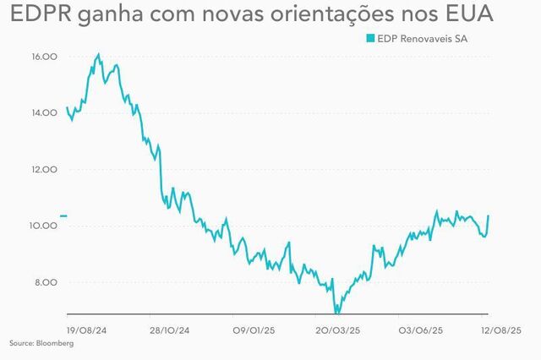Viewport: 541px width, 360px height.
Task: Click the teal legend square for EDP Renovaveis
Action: pos(369,38)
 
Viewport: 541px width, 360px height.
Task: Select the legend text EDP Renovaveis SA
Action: pos(418,38)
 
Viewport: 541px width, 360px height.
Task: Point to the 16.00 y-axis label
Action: pos(44,57)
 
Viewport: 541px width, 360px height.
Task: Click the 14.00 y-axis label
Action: pos(44,113)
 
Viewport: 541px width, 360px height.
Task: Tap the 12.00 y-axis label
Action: pos(44,170)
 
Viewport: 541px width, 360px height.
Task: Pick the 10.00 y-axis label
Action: pos(44,226)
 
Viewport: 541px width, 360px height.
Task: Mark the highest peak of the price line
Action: pos(99,54)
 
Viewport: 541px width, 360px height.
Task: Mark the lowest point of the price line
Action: pos(336,313)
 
